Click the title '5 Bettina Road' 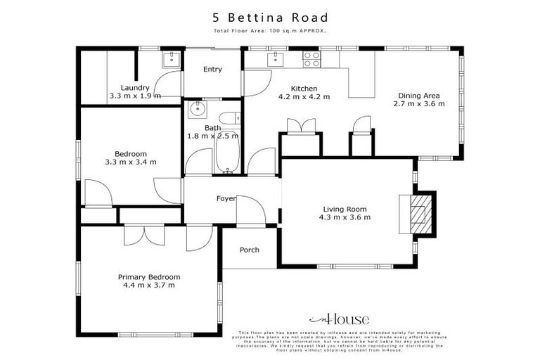[x=270, y=18]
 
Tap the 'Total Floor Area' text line [x=270, y=32]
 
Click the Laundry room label [x=135, y=88]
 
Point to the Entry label [x=212, y=69]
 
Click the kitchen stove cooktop [x=310, y=60]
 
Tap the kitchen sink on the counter [x=270, y=60]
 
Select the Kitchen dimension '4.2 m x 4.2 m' [x=304, y=96]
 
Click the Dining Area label [x=419, y=96]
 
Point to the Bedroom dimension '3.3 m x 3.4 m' [x=131, y=162]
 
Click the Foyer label [x=226, y=199]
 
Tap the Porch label [x=250, y=250]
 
